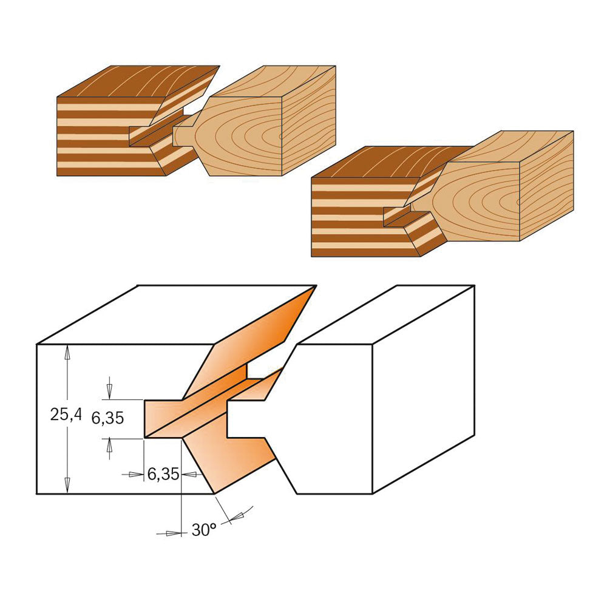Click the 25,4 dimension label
point(66,415)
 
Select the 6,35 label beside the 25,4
point(107,418)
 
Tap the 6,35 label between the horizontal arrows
point(163,474)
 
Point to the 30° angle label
point(204,529)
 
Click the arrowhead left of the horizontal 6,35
point(136,474)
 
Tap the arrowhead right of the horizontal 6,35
point(189,474)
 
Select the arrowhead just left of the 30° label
point(174,534)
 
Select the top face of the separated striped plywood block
point(138,81)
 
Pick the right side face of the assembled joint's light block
point(546,186)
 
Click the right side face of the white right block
point(424,390)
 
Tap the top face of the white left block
point(174,314)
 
